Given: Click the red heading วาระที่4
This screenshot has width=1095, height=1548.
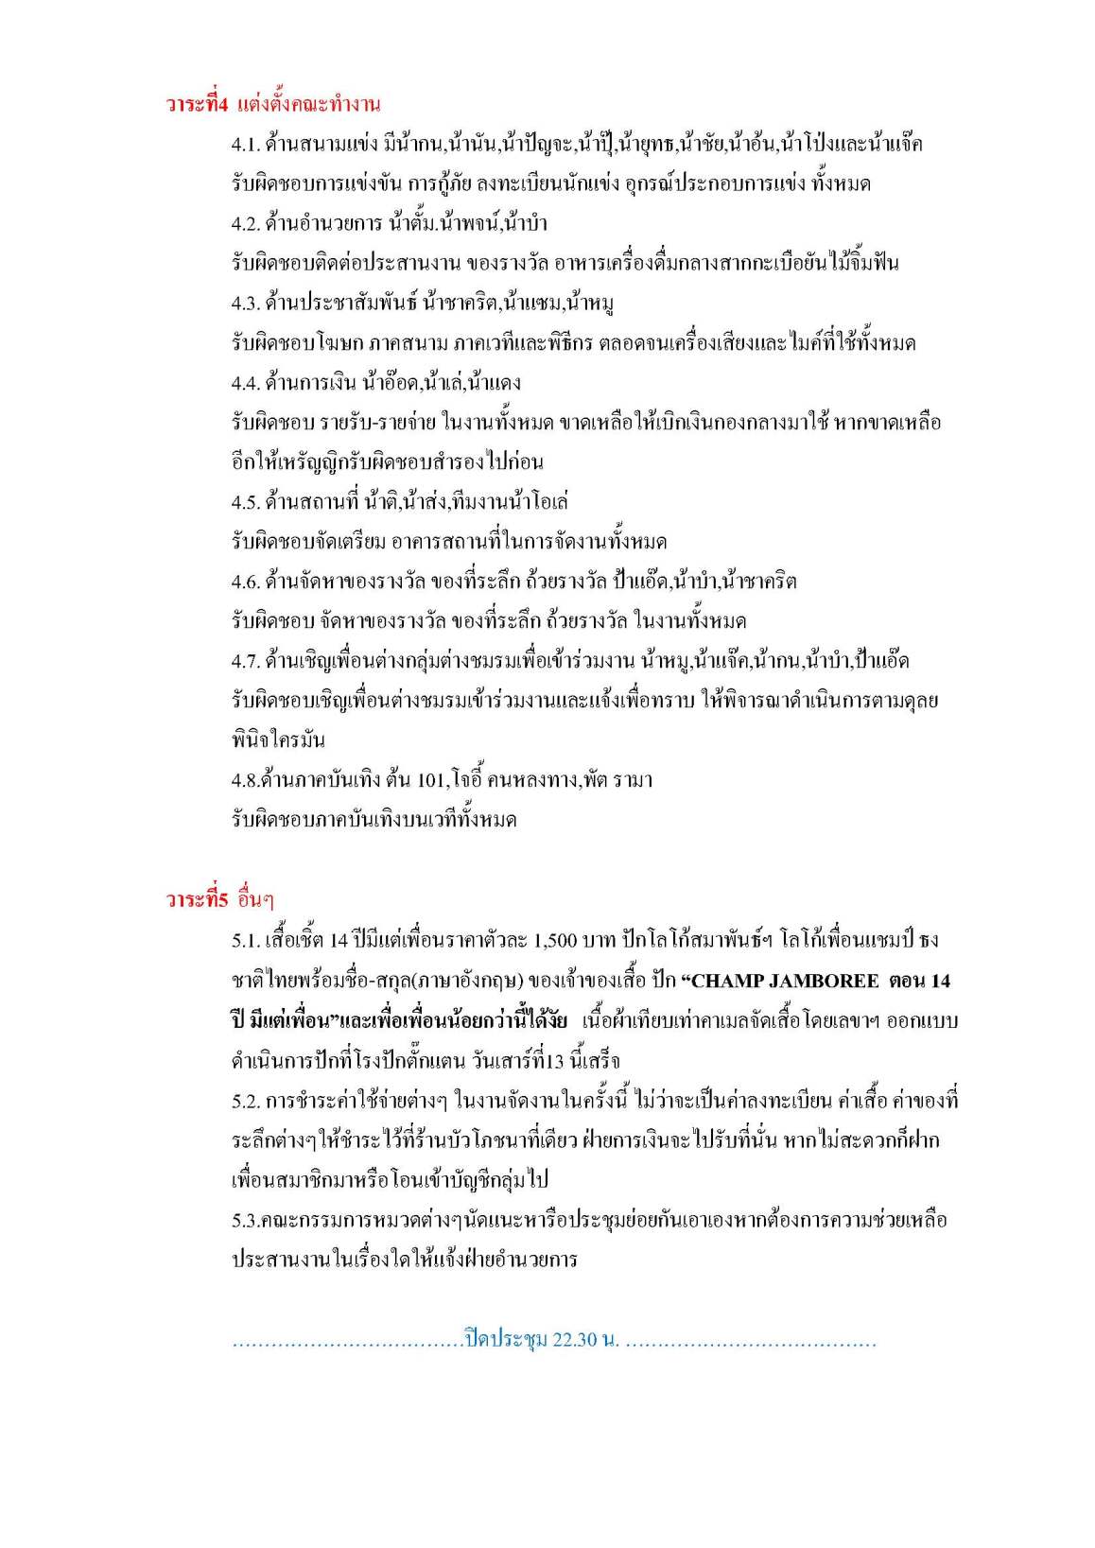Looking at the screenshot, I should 197,104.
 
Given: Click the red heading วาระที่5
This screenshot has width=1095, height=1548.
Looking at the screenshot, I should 197,899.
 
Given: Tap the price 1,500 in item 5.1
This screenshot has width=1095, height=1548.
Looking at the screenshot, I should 555,941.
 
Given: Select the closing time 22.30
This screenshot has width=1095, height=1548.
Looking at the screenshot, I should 575,1341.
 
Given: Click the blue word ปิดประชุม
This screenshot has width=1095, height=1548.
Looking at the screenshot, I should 506,1341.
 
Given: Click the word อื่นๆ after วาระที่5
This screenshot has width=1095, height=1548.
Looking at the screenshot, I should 255,899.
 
